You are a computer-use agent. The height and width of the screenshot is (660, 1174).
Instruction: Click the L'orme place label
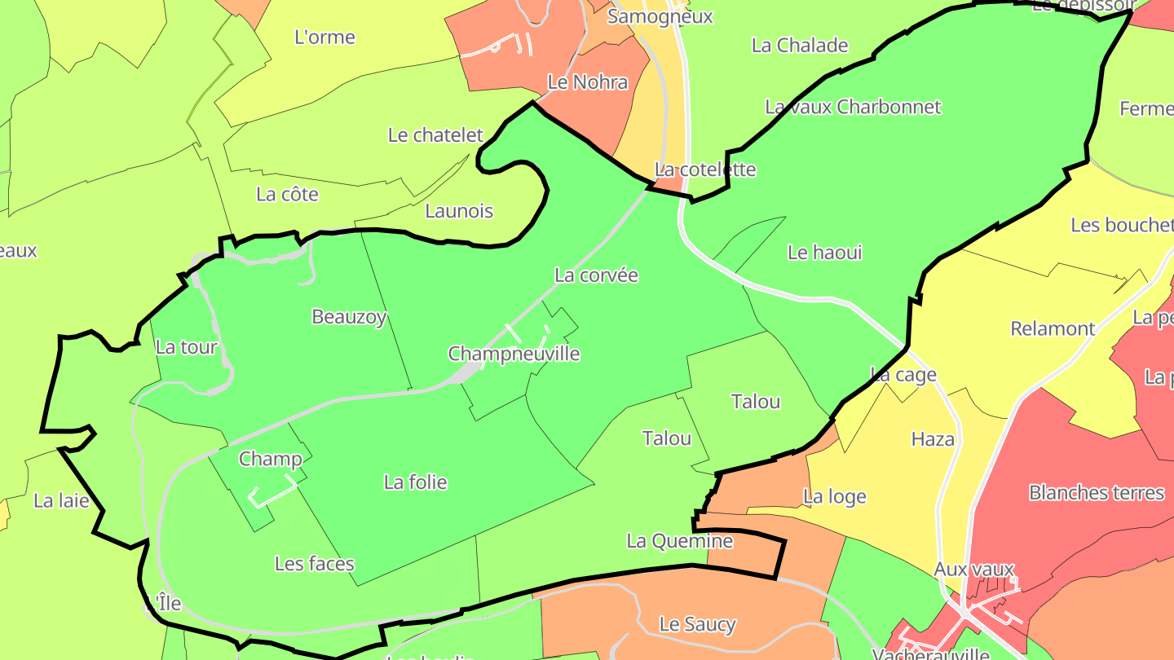click(x=324, y=37)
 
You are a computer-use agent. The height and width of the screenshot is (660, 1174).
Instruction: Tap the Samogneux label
click(x=660, y=16)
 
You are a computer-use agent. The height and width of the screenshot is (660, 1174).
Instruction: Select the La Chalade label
click(x=800, y=45)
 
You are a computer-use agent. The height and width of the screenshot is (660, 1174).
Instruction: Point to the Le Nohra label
click(x=587, y=82)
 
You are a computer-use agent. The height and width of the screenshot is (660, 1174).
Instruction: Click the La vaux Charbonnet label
click(x=853, y=107)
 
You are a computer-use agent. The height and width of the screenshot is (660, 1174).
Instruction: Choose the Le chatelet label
click(x=435, y=135)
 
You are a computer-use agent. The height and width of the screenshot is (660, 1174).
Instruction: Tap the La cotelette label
click(x=705, y=169)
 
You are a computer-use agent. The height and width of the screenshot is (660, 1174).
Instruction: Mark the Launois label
click(x=459, y=211)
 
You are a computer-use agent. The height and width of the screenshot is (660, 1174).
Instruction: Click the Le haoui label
click(x=824, y=253)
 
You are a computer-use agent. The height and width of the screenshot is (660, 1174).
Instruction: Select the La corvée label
click(x=596, y=275)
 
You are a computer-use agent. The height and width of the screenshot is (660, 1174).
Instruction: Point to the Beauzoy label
click(x=349, y=317)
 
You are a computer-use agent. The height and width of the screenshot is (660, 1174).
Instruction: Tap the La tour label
click(x=187, y=347)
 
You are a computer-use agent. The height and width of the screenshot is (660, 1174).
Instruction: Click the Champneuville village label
click(x=514, y=354)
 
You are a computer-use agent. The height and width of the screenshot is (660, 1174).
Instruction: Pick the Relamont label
click(x=1053, y=328)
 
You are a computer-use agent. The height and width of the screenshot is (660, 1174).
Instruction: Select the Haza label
click(x=933, y=439)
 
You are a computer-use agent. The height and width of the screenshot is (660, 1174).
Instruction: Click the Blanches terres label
click(x=1096, y=493)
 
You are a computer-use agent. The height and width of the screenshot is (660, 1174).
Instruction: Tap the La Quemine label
click(x=679, y=541)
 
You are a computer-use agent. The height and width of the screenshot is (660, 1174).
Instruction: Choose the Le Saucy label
click(x=697, y=624)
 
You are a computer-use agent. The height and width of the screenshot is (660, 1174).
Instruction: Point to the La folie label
click(x=415, y=482)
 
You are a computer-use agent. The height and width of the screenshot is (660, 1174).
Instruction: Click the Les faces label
click(x=314, y=564)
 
